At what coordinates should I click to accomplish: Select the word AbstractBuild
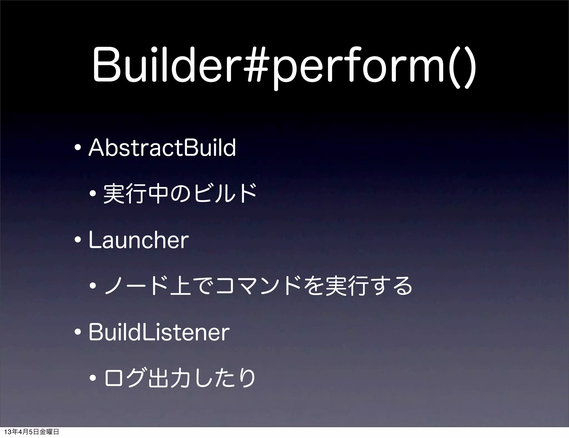[x=162, y=148]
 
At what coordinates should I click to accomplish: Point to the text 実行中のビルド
[x=179, y=193]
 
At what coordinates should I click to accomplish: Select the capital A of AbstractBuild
[x=95, y=148]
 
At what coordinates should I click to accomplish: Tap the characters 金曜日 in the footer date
[x=49, y=432]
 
